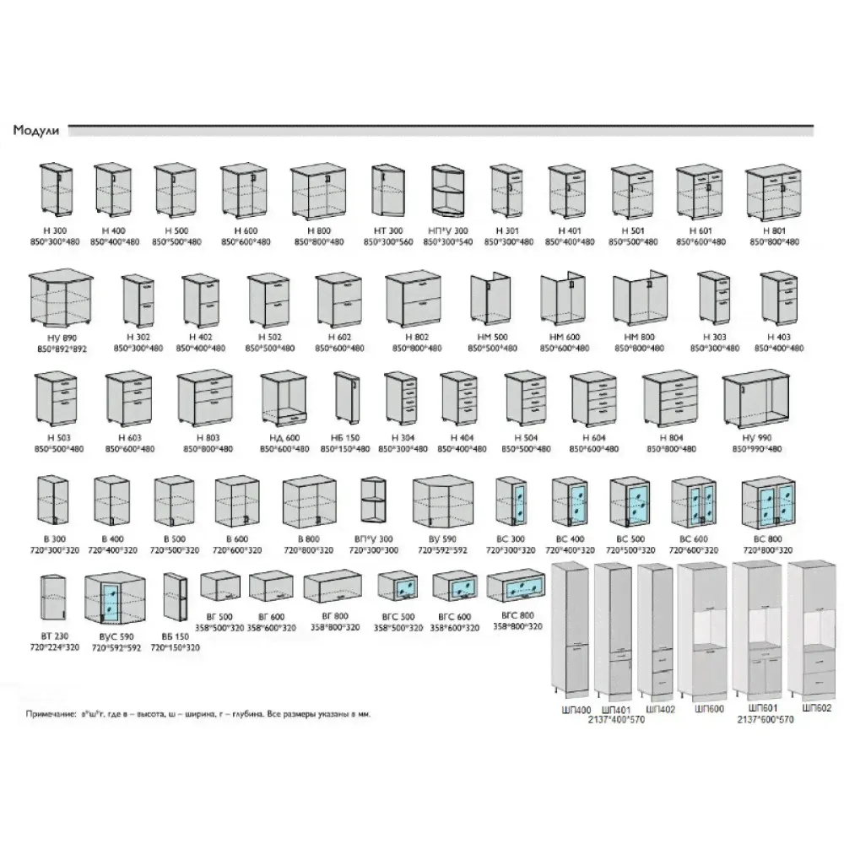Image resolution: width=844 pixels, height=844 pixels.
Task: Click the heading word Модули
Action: (35, 131)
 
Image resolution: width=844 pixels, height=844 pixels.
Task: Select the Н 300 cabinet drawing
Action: (57, 190)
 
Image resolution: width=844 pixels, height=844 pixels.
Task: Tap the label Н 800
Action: (317, 230)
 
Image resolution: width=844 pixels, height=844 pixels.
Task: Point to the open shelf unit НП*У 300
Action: (448, 192)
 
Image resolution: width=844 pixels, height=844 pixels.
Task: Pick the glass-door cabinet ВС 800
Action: (768, 504)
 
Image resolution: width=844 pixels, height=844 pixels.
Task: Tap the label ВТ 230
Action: (54, 637)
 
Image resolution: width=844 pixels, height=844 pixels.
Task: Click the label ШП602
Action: (817, 709)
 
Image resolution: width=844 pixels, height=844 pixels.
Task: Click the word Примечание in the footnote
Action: (50, 713)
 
